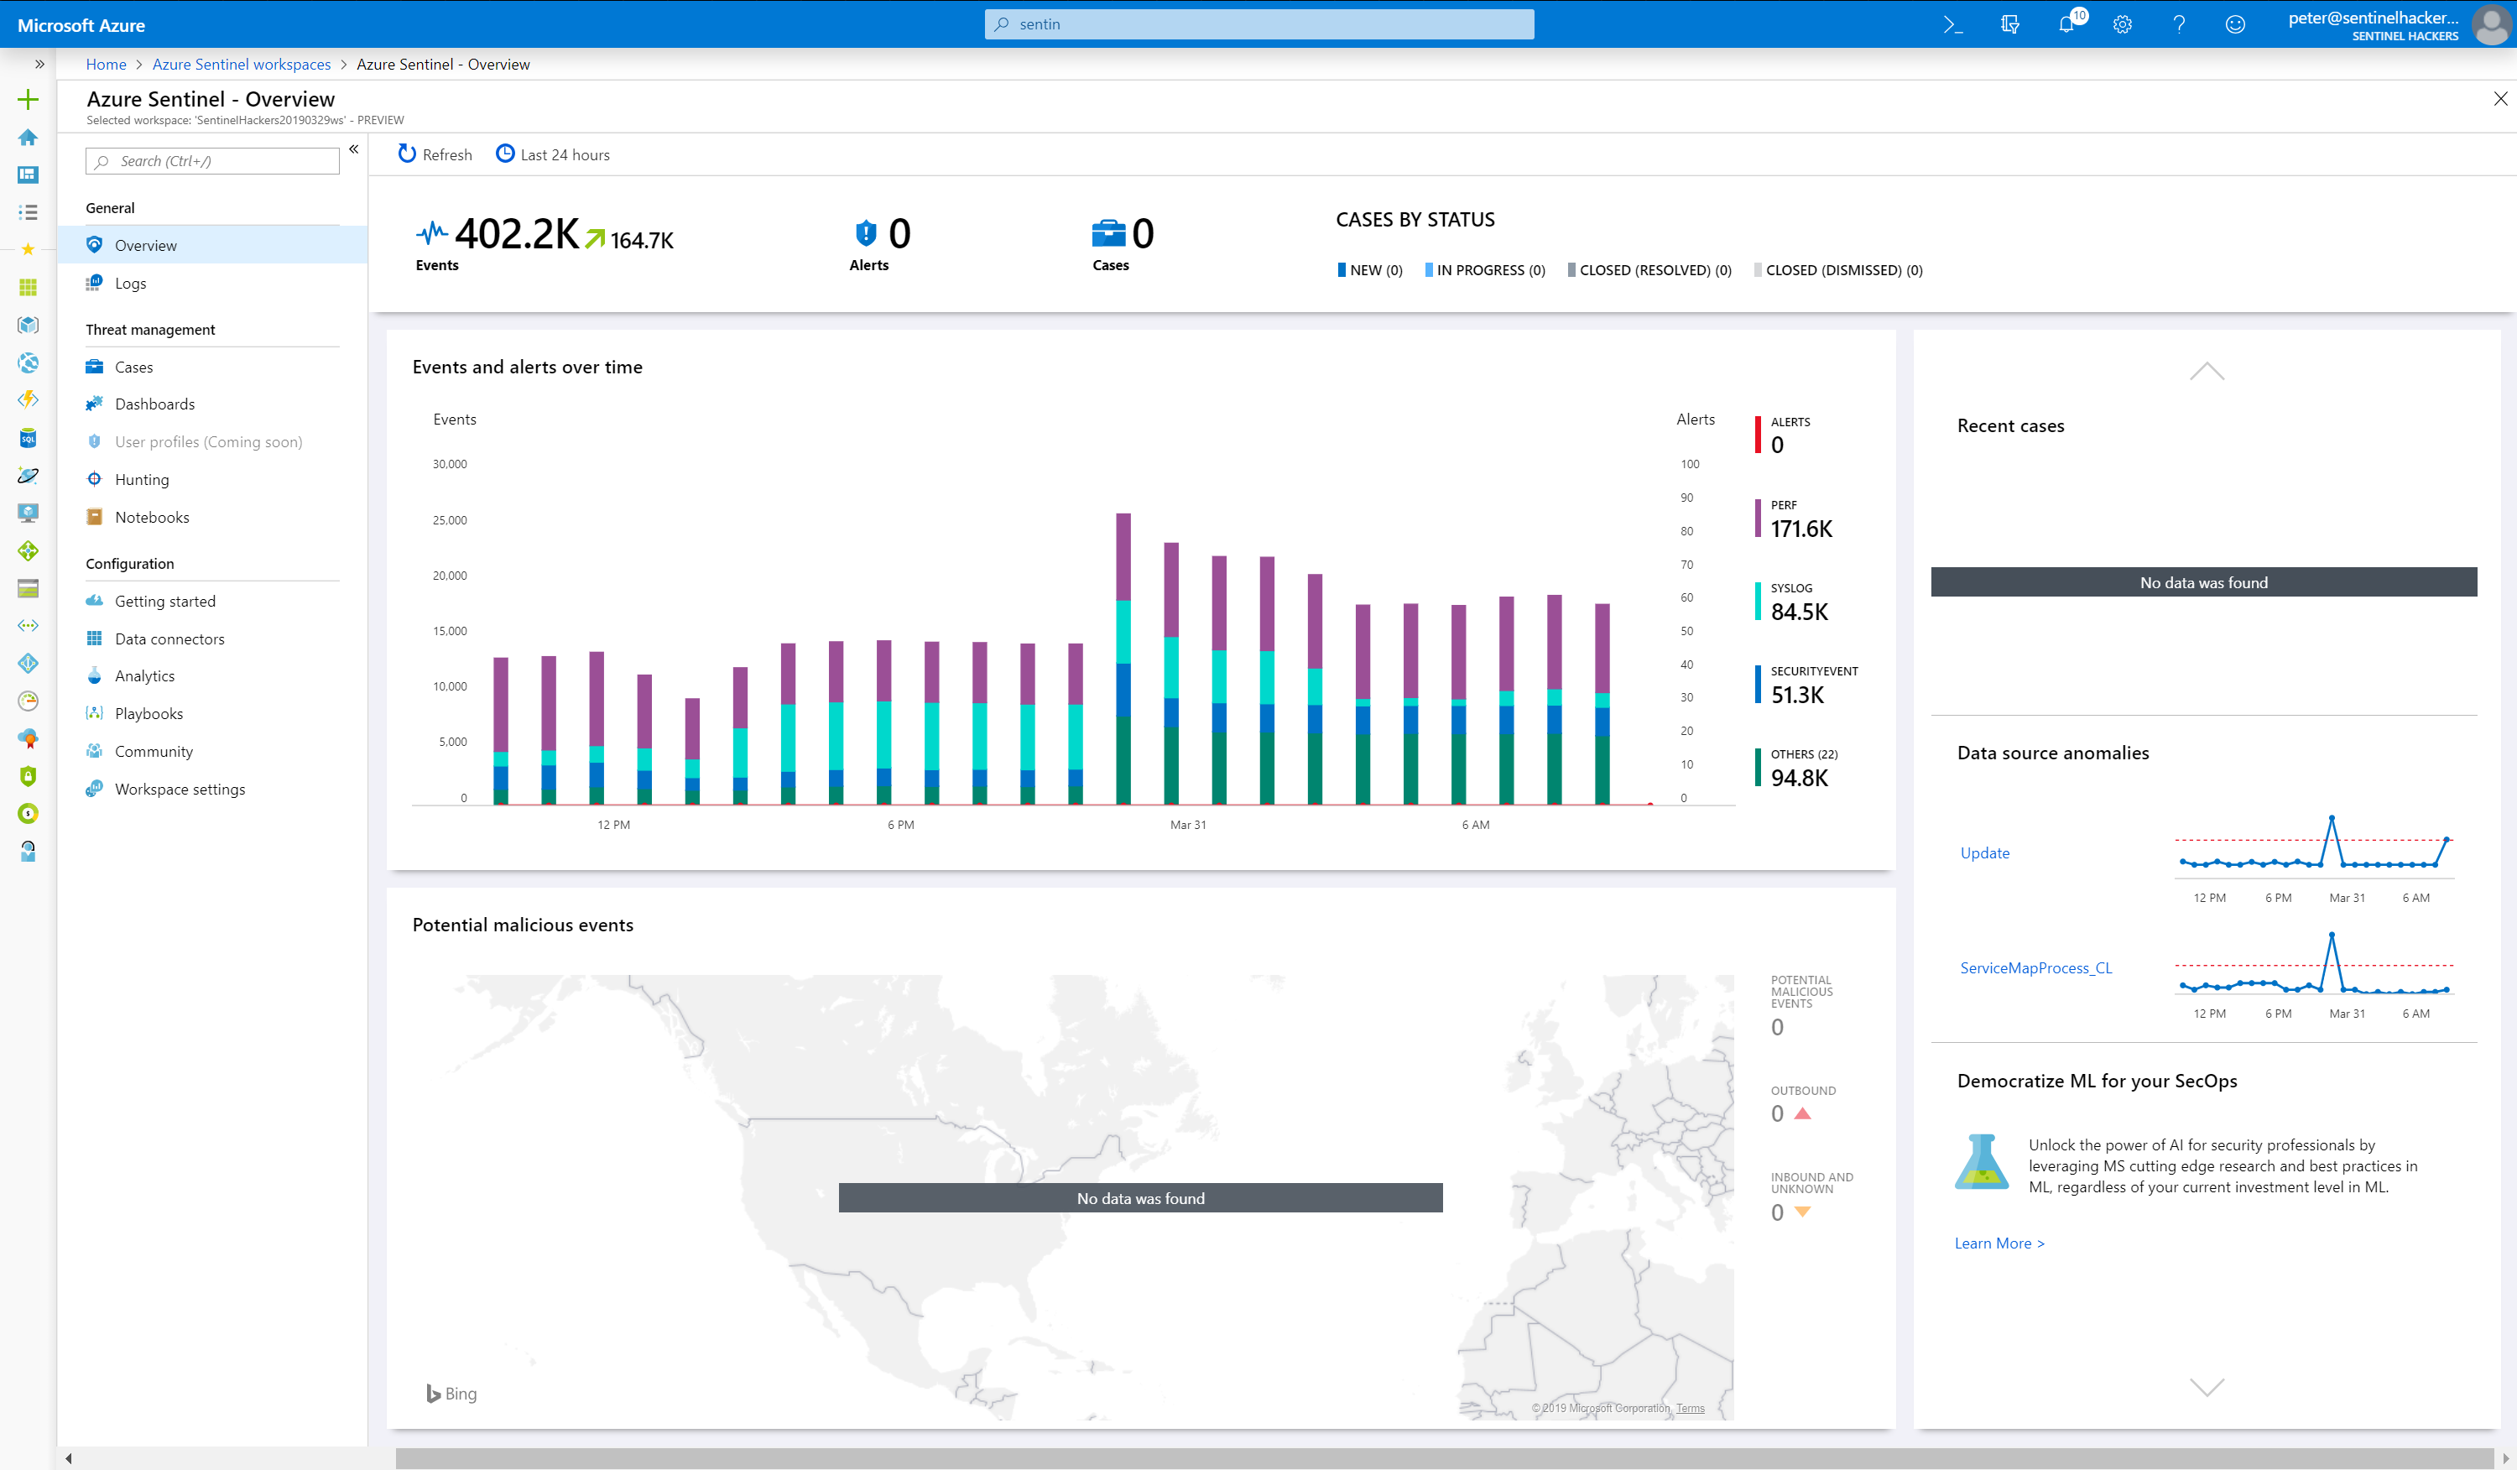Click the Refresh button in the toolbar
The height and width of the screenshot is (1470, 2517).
tap(435, 154)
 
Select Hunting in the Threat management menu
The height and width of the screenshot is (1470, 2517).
tap(142, 479)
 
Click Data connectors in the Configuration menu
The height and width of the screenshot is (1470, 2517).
tap(169, 639)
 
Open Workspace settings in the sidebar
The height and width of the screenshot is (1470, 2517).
tap(179, 789)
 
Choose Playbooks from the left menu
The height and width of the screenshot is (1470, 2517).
tap(148, 714)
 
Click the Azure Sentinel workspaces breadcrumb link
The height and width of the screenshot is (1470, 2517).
tap(241, 64)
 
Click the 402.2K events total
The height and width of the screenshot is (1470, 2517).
tap(516, 235)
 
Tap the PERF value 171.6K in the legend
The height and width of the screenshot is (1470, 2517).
tap(1800, 529)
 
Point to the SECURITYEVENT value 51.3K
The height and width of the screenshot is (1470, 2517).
tap(1797, 695)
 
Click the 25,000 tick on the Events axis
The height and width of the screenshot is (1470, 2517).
tap(450, 520)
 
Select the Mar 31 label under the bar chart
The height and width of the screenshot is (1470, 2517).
tap(1187, 825)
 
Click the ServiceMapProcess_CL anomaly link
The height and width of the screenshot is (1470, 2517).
tap(2035, 967)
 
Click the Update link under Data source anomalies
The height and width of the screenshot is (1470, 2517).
tap(1983, 852)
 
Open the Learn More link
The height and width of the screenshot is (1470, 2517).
tap(1998, 1243)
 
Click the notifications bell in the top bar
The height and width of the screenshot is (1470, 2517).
tap(2066, 25)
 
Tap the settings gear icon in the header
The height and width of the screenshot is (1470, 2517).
tap(2123, 25)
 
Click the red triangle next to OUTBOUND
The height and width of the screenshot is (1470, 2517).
tap(1803, 1113)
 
